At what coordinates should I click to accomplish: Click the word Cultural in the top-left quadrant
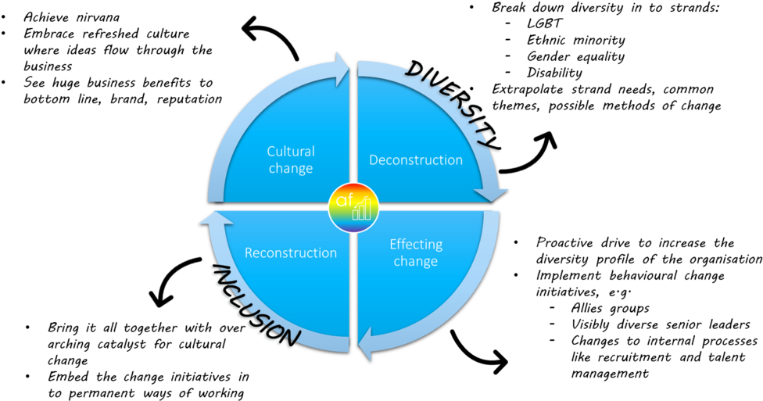coord(291,152)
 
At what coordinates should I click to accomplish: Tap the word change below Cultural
coord(291,168)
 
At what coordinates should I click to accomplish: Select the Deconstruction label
coord(416,160)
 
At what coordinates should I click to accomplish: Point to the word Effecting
coord(416,245)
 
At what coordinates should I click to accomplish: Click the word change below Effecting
coord(416,261)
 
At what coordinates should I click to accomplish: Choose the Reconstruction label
coord(291,253)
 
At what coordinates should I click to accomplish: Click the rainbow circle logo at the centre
coord(353,208)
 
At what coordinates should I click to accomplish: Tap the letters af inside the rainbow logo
coord(345,202)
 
